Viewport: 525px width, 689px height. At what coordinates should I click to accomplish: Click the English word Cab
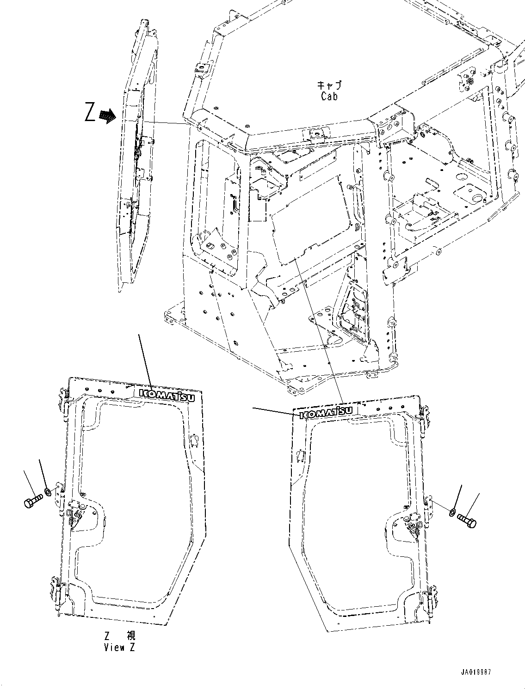pyautogui.click(x=329, y=96)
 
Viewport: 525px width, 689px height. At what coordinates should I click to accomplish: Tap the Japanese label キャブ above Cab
pyautogui.click(x=329, y=85)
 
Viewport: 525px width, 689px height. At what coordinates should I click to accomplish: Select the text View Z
pyautogui.click(x=120, y=647)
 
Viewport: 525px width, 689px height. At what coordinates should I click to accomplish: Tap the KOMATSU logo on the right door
pyautogui.click(x=326, y=412)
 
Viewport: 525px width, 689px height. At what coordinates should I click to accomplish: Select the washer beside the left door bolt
pyautogui.click(x=48, y=491)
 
